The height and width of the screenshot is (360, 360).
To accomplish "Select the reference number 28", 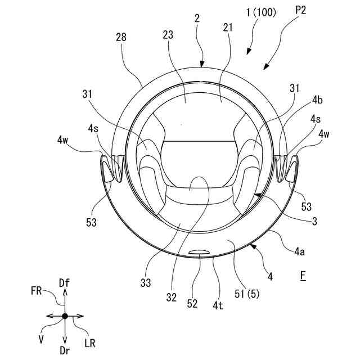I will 120,37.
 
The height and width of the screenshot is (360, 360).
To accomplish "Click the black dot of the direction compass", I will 65,316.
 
